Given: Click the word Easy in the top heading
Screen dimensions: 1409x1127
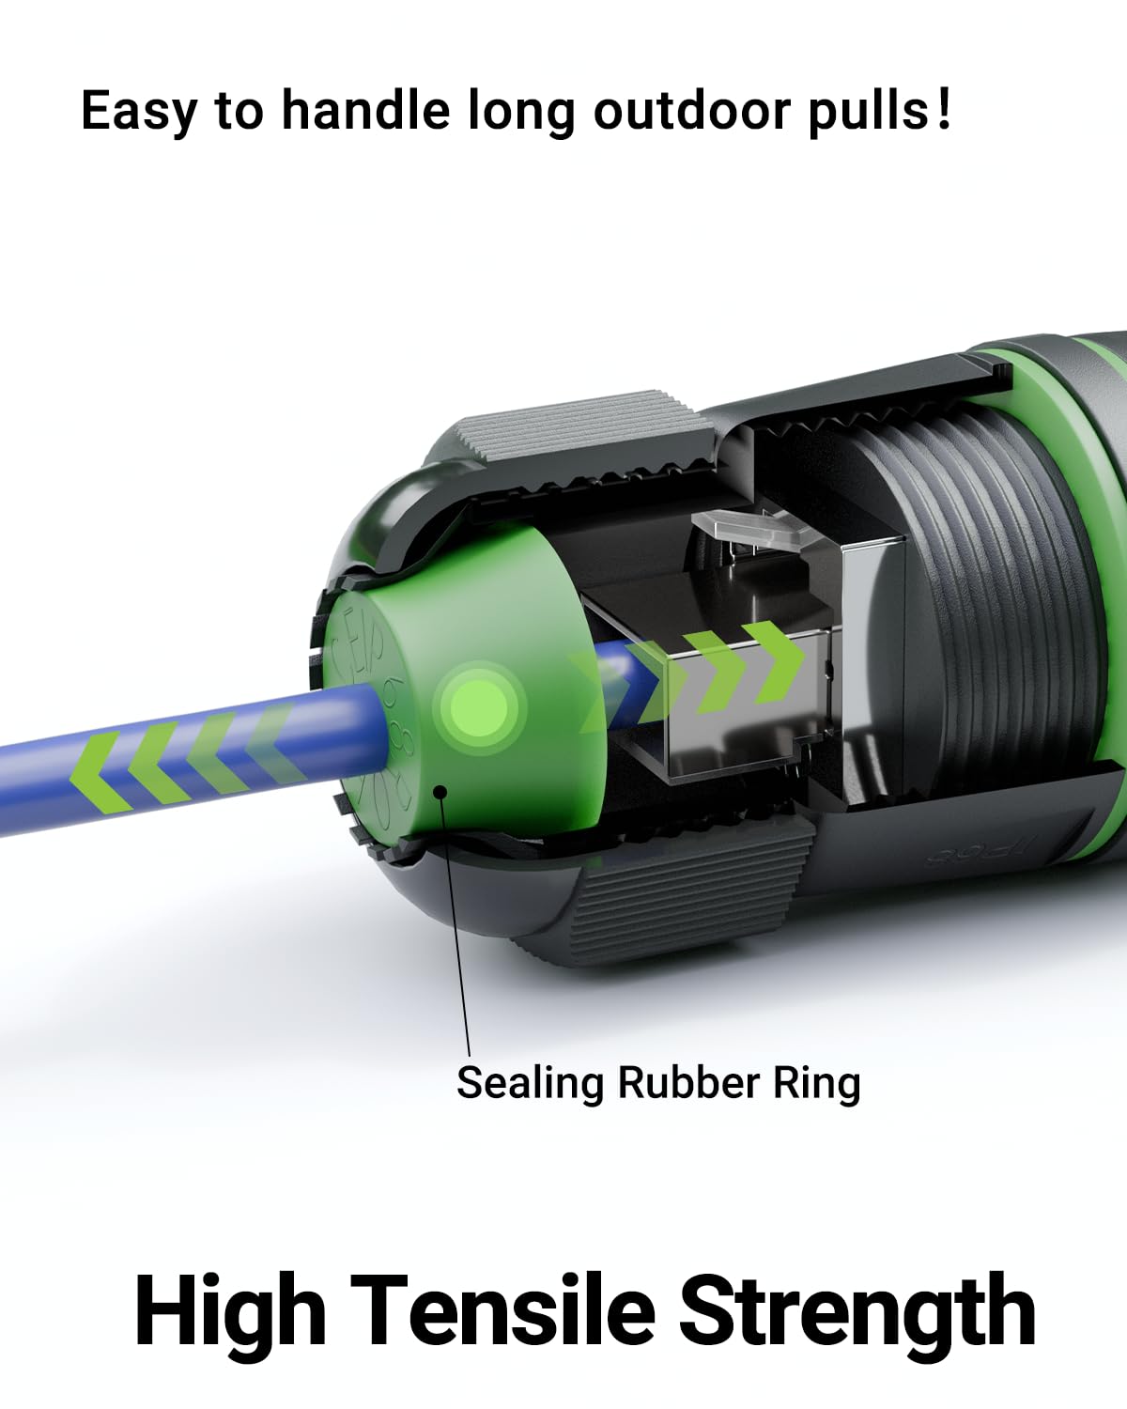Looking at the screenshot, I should (138, 111).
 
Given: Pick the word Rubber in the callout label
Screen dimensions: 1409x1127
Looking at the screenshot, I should (687, 1083).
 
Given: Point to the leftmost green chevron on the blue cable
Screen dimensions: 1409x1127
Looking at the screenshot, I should (103, 770).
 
